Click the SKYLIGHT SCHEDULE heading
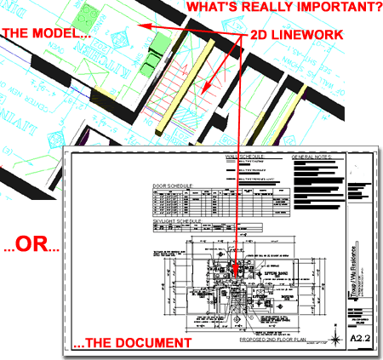coord(177,220)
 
